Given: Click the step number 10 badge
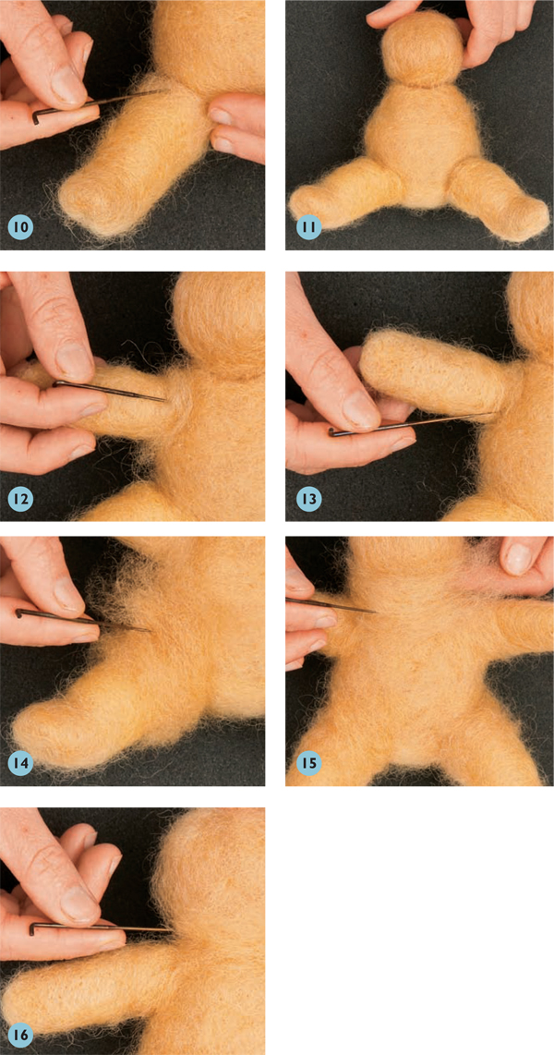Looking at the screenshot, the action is pos(21,226).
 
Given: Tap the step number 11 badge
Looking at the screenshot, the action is pos(308,226).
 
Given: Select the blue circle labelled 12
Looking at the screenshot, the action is pos(21,499).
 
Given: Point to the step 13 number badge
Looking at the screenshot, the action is pos(308,499).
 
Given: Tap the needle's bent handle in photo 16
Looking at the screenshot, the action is pos(34,929).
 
